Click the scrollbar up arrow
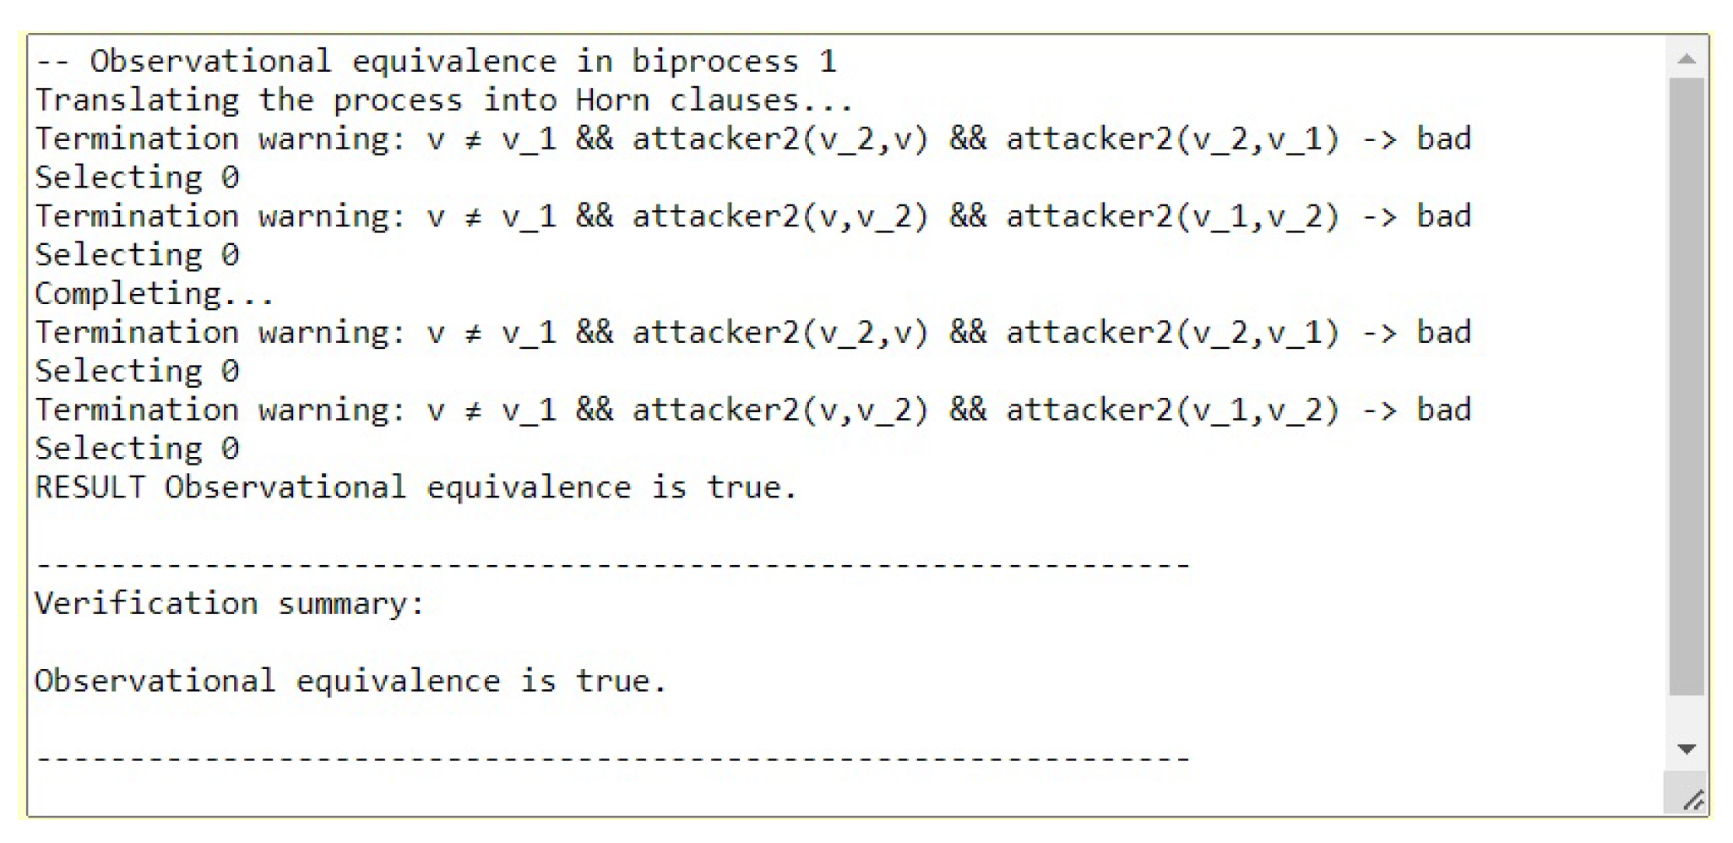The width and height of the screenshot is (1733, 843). [1686, 59]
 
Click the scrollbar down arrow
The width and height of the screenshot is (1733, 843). [1686, 748]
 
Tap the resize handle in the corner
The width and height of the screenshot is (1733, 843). [1692, 799]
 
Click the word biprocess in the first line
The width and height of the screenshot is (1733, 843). [714, 62]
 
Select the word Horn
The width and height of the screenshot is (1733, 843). [612, 101]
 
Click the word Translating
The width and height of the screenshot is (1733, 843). [137, 101]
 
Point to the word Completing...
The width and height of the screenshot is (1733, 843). [154, 294]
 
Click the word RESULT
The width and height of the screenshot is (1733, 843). [90, 487]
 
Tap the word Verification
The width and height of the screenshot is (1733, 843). [145, 604]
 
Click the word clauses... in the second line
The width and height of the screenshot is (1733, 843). [762, 101]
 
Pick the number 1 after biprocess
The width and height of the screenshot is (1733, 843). [828, 62]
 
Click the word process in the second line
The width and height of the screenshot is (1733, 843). [397, 101]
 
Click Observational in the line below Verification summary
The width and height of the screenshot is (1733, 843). [155, 681]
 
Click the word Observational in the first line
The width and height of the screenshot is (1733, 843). [210, 62]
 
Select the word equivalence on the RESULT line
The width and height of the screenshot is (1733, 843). [528, 487]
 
